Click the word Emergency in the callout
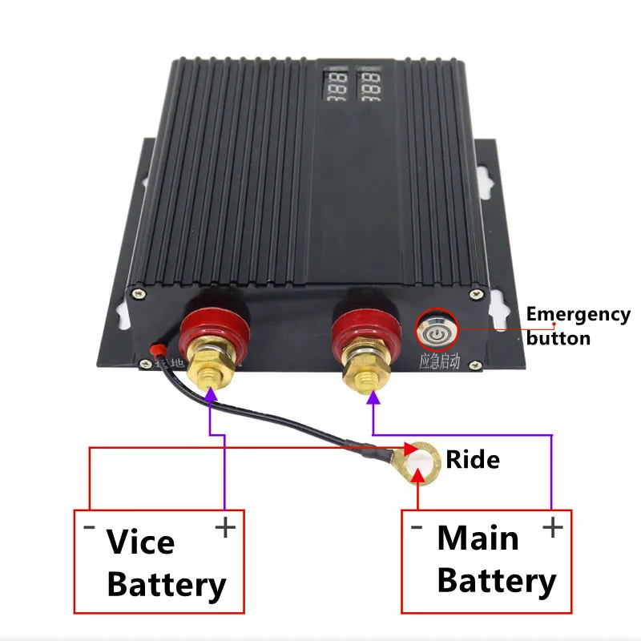pos(578,315)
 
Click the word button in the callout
pos(558,337)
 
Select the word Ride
pos(473,460)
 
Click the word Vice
pos(140,542)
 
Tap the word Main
pos(478,538)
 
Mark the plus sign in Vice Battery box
pos(224,529)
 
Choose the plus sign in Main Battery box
pos(552,527)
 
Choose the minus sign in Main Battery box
pos(416,527)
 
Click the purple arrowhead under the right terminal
pos(373,399)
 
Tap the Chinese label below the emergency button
pos(440,361)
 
